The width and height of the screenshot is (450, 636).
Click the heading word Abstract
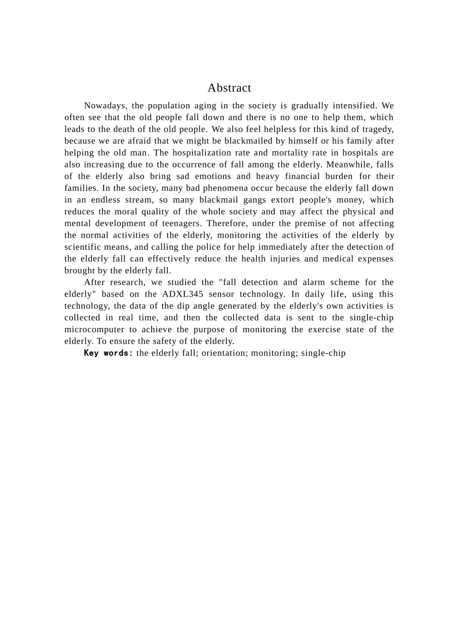click(229, 88)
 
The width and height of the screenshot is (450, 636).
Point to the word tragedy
click(376, 129)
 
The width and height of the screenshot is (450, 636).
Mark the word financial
click(303, 177)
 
